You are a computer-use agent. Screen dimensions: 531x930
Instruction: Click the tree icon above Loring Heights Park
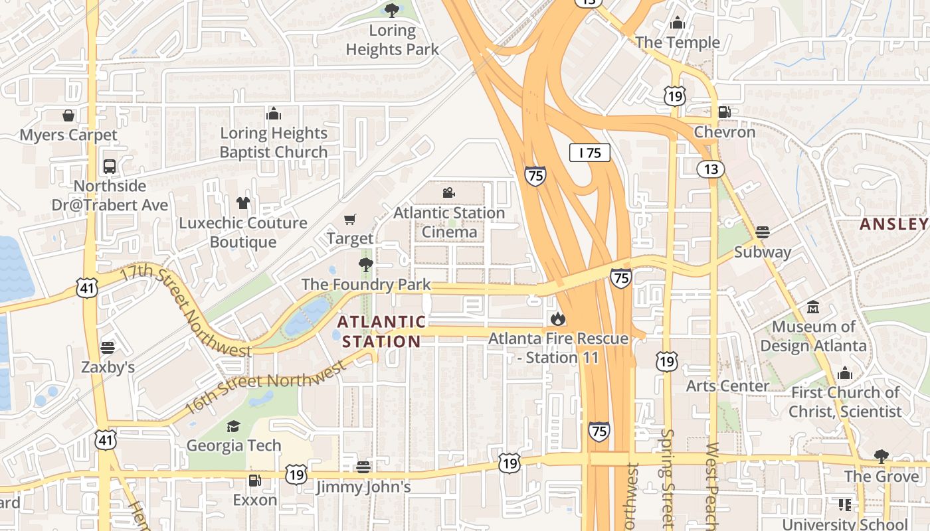pyautogui.click(x=392, y=10)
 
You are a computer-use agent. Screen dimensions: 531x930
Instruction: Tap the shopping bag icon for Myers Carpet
pyautogui.click(x=68, y=115)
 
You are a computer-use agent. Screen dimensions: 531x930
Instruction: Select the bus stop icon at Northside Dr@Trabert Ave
pyautogui.click(x=110, y=167)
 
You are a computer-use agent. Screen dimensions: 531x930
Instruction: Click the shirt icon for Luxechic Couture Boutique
pyautogui.click(x=242, y=203)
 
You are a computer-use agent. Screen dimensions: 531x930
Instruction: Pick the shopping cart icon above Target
pyautogui.click(x=350, y=219)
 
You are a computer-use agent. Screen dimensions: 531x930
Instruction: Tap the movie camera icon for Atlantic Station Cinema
pyautogui.click(x=449, y=193)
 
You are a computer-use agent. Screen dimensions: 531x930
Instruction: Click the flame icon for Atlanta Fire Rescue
pyautogui.click(x=558, y=319)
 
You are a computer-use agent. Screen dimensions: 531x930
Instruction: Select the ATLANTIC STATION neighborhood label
pyautogui.click(x=381, y=332)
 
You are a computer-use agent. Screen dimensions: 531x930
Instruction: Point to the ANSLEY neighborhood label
pyautogui.click(x=894, y=224)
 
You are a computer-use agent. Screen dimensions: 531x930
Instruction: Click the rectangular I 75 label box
pyautogui.click(x=590, y=153)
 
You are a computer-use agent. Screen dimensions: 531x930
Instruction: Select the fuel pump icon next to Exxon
pyautogui.click(x=254, y=480)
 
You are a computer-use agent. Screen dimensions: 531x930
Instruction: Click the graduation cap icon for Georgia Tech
pyautogui.click(x=233, y=426)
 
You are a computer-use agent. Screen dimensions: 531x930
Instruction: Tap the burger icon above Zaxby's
pyautogui.click(x=108, y=348)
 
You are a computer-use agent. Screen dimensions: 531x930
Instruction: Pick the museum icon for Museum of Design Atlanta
pyautogui.click(x=813, y=307)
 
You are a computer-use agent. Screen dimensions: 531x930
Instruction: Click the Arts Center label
pyautogui.click(x=727, y=386)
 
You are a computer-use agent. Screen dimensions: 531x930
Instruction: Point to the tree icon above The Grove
pyautogui.click(x=882, y=457)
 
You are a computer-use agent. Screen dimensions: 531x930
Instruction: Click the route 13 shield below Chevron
pyautogui.click(x=711, y=169)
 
